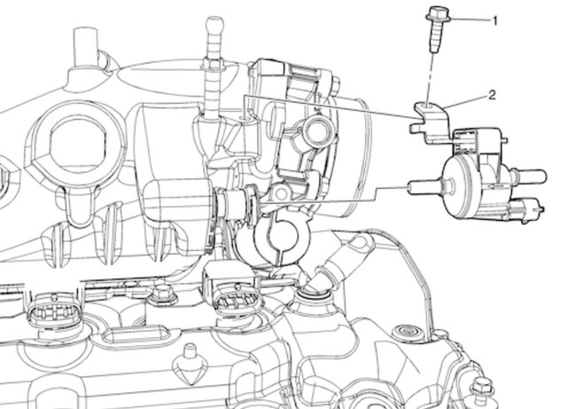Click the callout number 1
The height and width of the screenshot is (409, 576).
tap(494, 21)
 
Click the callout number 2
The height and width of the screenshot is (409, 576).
tap(492, 95)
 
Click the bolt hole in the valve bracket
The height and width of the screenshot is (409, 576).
tap(428, 106)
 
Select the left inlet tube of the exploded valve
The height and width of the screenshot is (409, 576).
tap(426, 186)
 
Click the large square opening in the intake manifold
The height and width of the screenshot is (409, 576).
tap(76, 145)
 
